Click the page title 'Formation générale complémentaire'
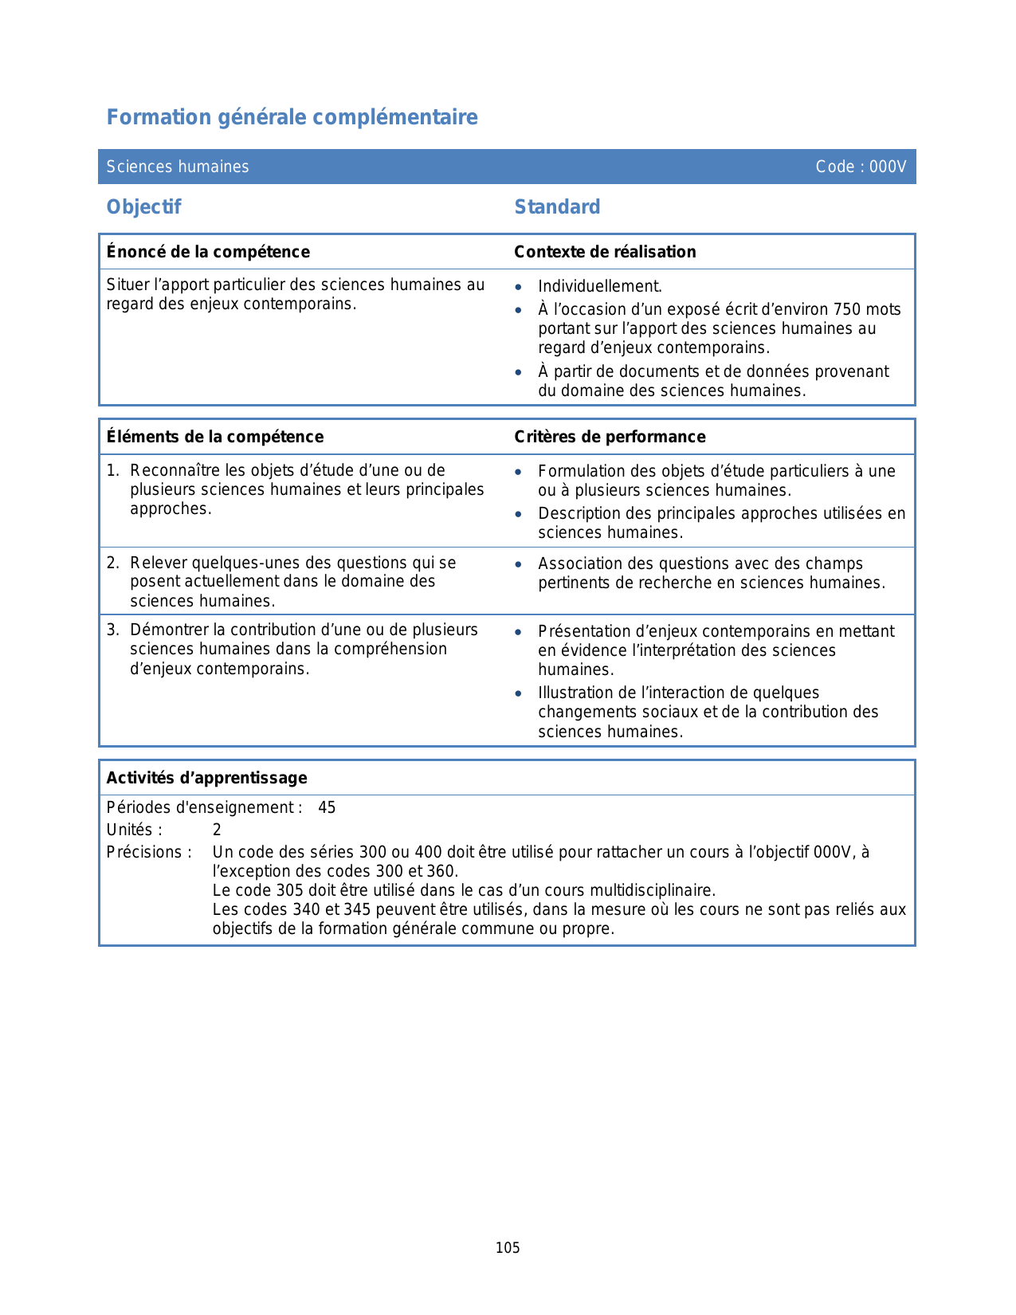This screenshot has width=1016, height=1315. coord(292,117)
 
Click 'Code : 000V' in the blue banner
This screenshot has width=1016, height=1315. coord(861,167)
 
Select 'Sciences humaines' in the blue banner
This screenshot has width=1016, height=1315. coord(178,167)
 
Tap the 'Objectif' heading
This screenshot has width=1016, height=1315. coord(144,207)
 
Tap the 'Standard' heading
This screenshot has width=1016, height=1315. coord(557,207)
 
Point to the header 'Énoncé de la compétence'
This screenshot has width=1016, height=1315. coord(208,252)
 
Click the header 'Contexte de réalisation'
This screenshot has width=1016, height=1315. coord(605,252)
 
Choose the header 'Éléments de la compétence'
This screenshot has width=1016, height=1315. coord(215,437)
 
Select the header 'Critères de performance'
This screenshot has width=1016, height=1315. coord(610,437)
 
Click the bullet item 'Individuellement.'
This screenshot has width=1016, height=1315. coord(600,286)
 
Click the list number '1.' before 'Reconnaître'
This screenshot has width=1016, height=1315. coord(113,470)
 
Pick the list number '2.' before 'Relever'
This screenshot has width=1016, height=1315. coord(113,563)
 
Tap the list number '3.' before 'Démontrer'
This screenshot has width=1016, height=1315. coord(113,630)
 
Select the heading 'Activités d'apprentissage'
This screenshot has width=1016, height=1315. coord(207,778)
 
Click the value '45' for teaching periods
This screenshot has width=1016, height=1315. coord(327,807)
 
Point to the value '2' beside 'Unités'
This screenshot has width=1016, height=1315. coord(217,830)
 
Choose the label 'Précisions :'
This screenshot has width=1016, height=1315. coord(149,852)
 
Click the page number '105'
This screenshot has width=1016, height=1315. coord(508,1248)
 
